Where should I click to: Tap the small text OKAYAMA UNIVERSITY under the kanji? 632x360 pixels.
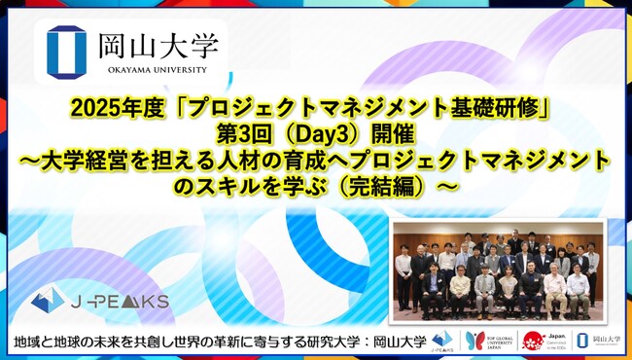click(x=146, y=69)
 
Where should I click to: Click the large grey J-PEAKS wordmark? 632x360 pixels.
click(x=126, y=299)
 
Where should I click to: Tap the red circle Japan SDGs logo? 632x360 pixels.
click(x=534, y=340)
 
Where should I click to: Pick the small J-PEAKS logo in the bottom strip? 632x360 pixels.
click(x=443, y=340)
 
